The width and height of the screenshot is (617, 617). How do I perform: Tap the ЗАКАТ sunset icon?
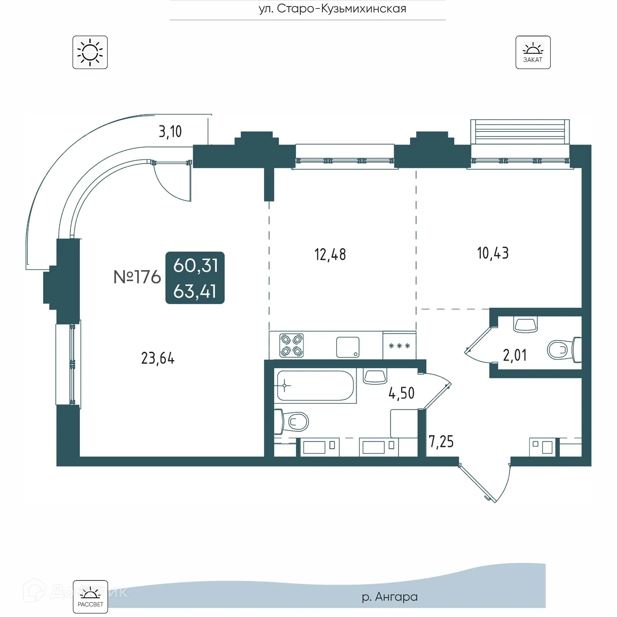point(533,52)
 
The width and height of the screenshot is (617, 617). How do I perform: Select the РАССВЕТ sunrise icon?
point(90,597)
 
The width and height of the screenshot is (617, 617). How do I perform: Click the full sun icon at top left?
point(90,52)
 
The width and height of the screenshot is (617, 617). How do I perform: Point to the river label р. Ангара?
point(389,597)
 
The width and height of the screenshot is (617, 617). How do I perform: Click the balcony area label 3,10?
point(170,132)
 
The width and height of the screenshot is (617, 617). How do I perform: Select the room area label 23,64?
point(158,358)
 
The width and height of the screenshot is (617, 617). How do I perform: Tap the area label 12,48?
point(330,255)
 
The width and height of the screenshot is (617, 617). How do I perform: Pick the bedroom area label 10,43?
point(493,253)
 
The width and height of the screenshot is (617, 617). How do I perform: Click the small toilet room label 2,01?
point(514,355)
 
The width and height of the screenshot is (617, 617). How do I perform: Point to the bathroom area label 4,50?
point(401,393)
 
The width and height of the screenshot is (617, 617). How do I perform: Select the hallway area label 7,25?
point(441,442)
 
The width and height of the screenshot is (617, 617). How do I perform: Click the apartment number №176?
point(137,277)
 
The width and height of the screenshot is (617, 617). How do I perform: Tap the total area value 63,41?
point(195,292)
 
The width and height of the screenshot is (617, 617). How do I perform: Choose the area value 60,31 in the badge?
point(196,266)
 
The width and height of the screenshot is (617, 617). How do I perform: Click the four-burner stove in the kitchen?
point(292,345)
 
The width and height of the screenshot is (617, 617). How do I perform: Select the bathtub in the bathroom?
point(315,386)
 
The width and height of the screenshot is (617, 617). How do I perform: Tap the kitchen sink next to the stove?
point(347,347)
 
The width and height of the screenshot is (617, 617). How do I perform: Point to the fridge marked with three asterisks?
point(400,346)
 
